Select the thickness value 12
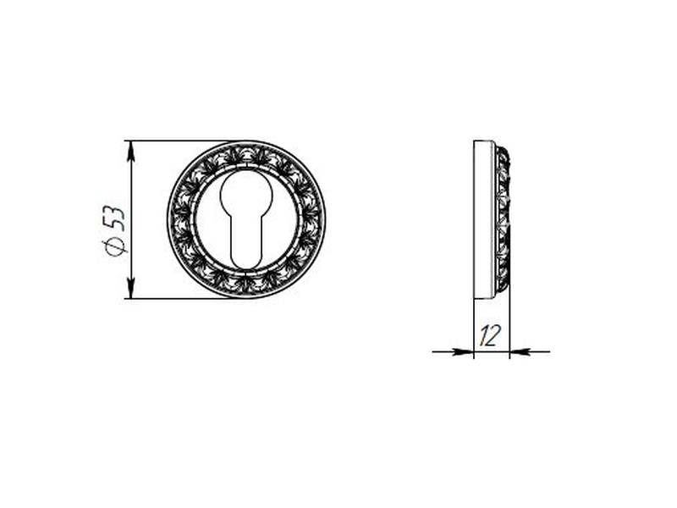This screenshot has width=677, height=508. (x=491, y=335)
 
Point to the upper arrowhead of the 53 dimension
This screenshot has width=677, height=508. (x=131, y=151)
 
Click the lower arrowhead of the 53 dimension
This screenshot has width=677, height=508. (x=131, y=288)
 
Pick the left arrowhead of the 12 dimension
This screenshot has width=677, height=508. (x=463, y=352)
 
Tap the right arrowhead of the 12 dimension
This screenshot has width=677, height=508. (x=520, y=352)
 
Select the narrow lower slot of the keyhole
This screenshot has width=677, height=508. (x=246, y=243)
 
